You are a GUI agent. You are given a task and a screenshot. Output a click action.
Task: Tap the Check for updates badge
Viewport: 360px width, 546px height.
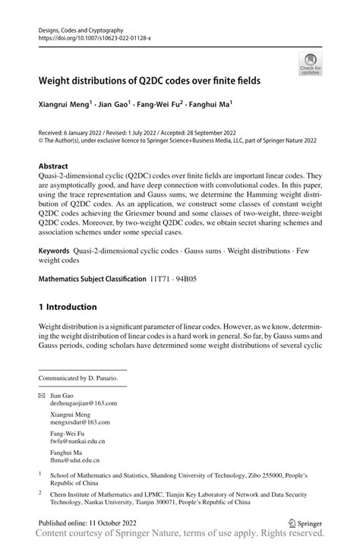coord(311,65)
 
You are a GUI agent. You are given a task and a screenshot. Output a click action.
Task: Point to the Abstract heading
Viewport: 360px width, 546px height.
coord(53,166)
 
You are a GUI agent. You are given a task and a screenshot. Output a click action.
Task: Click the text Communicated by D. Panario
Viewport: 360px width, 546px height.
coord(78,377)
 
